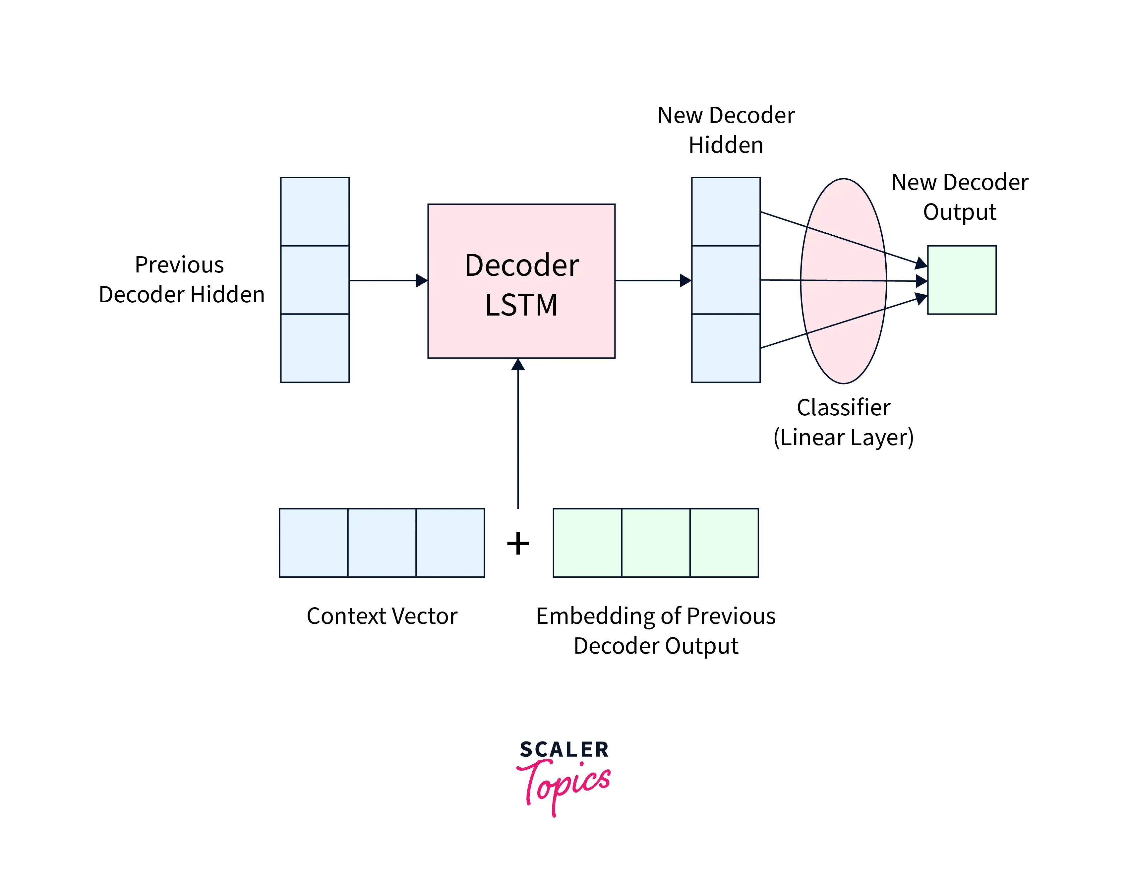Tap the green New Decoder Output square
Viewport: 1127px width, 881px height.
tap(961, 280)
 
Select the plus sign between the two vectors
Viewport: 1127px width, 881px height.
tap(517, 544)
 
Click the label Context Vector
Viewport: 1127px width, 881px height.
tap(382, 616)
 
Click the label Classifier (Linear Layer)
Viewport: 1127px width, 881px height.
tap(843, 422)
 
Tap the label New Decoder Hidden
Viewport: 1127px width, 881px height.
tap(726, 130)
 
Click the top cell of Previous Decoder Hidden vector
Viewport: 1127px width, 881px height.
tap(315, 211)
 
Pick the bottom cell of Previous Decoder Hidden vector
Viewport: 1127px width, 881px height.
tap(315, 348)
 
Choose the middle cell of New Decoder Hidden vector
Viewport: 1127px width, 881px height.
tap(726, 280)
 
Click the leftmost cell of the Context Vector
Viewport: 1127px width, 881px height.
tap(313, 543)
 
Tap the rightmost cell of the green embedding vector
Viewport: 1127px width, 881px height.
tap(724, 543)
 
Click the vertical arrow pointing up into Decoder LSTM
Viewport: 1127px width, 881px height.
tap(517, 434)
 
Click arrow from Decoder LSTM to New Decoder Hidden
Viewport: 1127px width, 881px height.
tap(653, 280)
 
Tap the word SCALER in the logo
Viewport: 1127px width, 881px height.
tap(564, 749)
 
